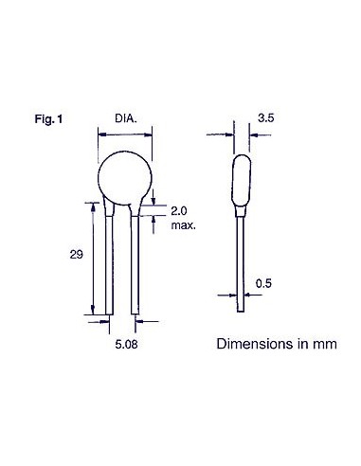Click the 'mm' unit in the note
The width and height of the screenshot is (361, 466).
[325, 342]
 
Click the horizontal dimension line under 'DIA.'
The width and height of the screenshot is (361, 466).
[127, 135]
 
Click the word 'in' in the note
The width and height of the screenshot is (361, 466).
[303, 342]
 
